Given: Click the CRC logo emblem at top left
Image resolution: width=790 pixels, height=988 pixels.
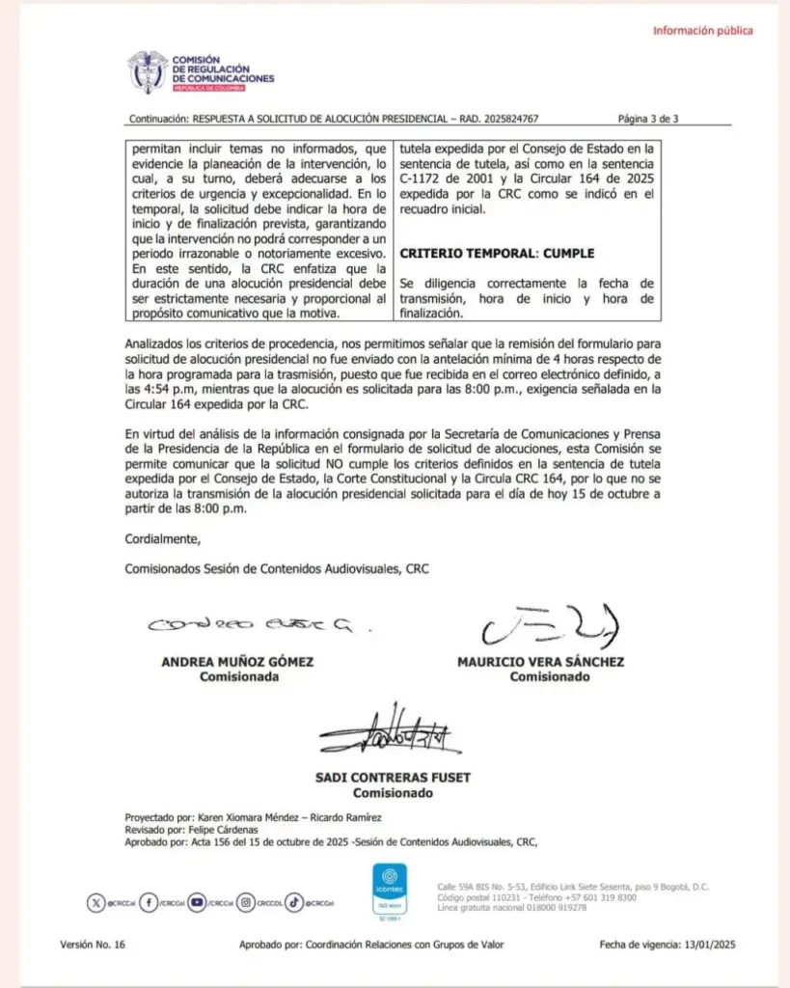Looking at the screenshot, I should pyautogui.click(x=147, y=71).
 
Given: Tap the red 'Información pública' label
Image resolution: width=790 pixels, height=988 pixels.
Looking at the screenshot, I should pyautogui.click(x=703, y=31).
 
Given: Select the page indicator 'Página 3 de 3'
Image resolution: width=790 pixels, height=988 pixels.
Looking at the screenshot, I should pyautogui.click(x=648, y=120).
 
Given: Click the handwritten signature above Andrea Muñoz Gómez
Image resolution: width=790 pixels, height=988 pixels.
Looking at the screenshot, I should pyautogui.click(x=249, y=626).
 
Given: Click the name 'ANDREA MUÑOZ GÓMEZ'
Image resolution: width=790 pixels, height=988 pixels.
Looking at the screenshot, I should pyautogui.click(x=237, y=663).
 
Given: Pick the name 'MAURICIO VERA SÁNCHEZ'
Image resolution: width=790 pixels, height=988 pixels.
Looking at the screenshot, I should pyautogui.click(x=540, y=663).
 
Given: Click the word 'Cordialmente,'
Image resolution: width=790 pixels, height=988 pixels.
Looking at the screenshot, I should pyautogui.click(x=163, y=538).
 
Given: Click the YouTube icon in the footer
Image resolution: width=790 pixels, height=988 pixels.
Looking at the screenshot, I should pyautogui.click(x=199, y=903).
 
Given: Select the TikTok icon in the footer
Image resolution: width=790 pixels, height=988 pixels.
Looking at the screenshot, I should pyautogui.click(x=294, y=903).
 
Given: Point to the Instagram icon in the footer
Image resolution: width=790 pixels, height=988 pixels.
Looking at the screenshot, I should pyautogui.click(x=246, y=903).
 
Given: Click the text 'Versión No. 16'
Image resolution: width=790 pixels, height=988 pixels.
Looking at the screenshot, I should pyautogui.click(x=93, y=946).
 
